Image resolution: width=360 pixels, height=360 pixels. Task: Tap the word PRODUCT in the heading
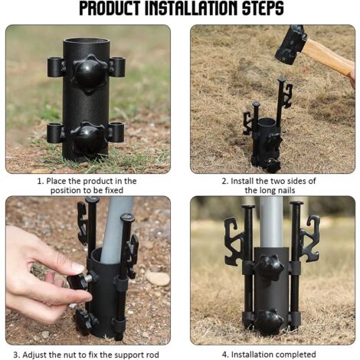(x=111, y=8)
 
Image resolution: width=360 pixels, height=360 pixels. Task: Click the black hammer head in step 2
(x=291, y=44)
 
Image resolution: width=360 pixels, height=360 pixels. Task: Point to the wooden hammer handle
(x=329, y=57)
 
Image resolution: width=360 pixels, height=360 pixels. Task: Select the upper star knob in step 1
(x=90, y=73)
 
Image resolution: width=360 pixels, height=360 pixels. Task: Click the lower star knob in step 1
(x=88, y=139)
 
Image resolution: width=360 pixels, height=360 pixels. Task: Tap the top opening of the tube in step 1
(x=87, y=41)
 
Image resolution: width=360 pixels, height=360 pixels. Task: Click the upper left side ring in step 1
(x=55, y=67)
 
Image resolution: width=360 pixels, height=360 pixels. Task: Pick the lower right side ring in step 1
(x=116, y=132)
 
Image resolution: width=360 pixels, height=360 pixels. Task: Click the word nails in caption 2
(x=286, y=190)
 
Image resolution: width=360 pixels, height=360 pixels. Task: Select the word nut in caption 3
(x=72, y=355)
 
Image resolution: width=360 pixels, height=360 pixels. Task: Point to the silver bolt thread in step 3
(x=88, y=278)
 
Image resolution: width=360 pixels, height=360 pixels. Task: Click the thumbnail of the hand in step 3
(x=78, y=268)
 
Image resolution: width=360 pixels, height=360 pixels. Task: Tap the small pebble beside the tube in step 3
(x=158, y=278)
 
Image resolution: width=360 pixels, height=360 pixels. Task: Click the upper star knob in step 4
(x=268, y=267)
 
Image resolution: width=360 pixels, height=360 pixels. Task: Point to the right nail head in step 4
(x=296, y=203)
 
